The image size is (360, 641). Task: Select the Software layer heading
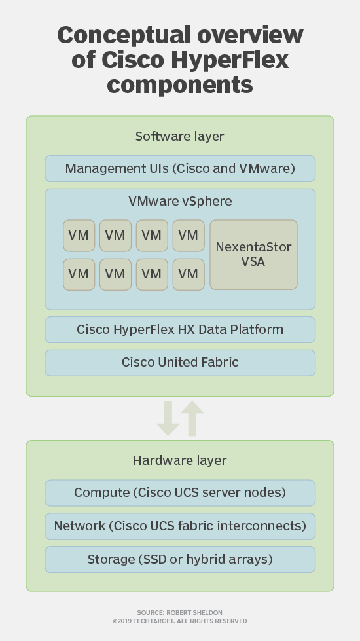coord(179,136)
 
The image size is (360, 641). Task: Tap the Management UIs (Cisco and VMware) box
coord(180,169)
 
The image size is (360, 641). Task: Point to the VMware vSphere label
coord(180,200)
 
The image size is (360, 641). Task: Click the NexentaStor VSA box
coord(253,255)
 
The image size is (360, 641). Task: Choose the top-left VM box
coord(79,235)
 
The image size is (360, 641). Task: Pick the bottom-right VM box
coord(188,274)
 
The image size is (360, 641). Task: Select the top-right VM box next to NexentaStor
coord(188,235)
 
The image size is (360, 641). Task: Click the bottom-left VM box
coord(79,274)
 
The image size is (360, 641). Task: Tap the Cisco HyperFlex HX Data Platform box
coord(180,329)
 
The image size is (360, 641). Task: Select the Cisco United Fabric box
coord(180,362)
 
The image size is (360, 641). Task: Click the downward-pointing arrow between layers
coord(168,418)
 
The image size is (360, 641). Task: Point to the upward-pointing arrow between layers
coord(192,418)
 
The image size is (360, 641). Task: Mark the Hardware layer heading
coord(179,460)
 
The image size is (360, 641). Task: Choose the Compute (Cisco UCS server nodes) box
coord(180,492)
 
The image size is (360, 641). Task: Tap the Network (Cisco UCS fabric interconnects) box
coord(180,526)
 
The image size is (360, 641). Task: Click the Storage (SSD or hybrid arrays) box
coord(180,559)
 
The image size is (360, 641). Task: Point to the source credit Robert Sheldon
coord(179,613)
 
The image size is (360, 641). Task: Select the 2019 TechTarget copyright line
coord(179,621)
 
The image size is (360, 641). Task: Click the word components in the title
coord(180,84)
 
